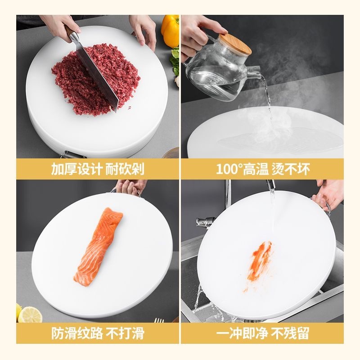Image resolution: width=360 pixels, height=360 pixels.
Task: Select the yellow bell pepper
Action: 171,30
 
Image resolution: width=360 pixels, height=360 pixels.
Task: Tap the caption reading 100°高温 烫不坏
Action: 262,169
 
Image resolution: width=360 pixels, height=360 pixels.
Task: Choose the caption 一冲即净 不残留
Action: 262,333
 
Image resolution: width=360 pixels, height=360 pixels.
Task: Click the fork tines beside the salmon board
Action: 159,320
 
